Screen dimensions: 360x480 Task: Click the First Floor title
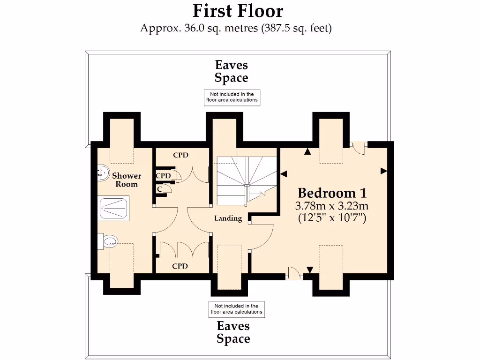238,11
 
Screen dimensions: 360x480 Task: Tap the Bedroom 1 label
332,193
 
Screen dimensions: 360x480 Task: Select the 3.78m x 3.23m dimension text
332,205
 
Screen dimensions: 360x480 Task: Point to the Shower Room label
127,180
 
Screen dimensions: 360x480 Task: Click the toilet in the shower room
108,241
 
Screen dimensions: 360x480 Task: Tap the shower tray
114,208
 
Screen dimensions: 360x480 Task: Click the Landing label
228,218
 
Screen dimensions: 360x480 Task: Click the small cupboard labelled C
160,189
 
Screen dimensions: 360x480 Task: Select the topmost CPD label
180,155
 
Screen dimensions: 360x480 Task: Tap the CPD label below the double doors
180,266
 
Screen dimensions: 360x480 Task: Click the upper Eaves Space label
231,71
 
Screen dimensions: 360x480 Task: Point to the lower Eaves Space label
233,332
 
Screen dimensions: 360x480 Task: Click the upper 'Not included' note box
232,97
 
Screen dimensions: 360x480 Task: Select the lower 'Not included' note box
236,309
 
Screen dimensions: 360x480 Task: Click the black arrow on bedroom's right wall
384,171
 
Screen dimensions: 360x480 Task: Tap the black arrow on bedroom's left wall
284,174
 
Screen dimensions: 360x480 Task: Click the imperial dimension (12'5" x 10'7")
332,217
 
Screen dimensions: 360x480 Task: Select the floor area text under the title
236,28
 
